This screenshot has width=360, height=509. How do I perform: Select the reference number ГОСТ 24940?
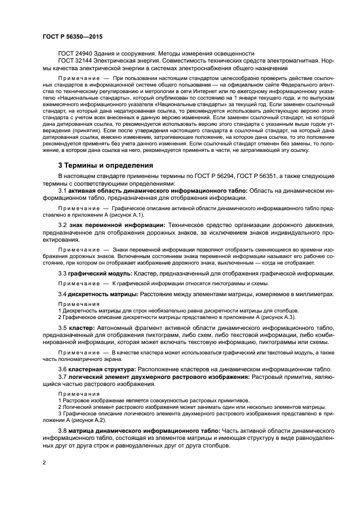pos(77,53)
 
